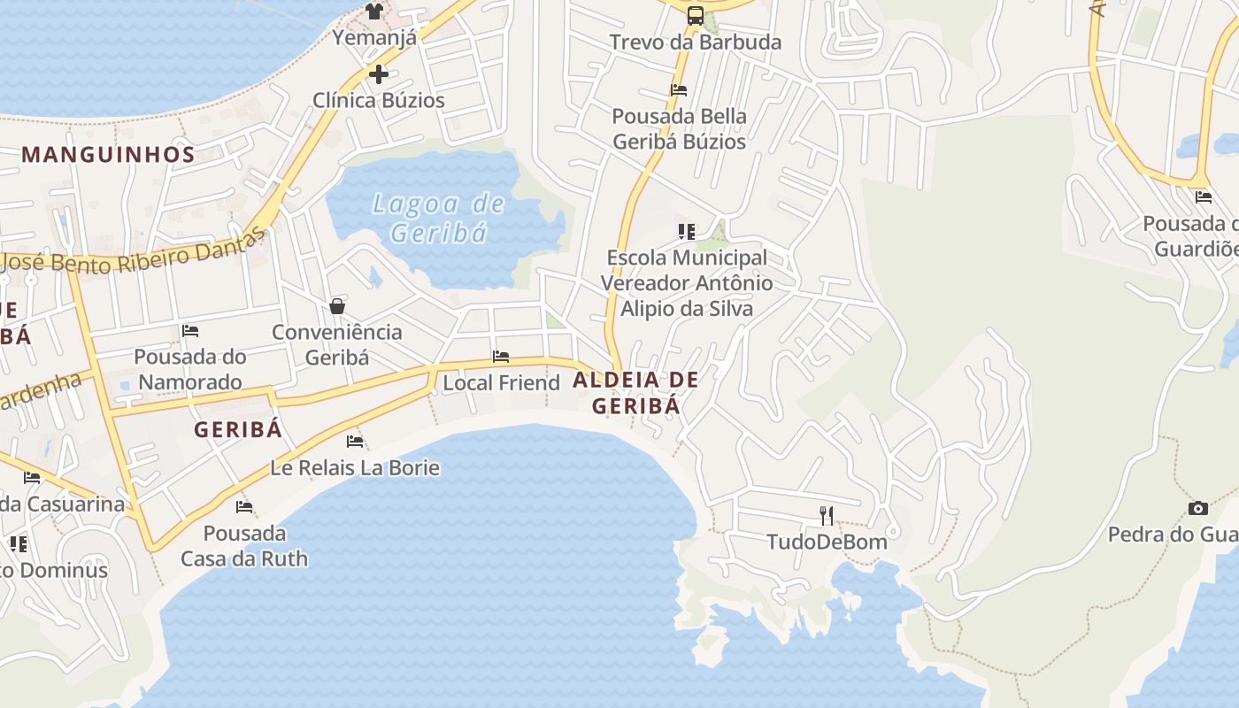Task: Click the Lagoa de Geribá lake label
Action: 440,218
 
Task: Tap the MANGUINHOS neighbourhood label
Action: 108,154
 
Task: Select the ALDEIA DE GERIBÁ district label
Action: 636,393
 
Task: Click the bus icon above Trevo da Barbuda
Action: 696,15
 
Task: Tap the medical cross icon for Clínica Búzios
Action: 379,74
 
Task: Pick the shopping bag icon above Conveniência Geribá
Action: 337,306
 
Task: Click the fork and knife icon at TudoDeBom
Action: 827,515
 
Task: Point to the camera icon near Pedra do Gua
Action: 1198,508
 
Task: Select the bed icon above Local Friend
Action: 501,357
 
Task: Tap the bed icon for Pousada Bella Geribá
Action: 679,89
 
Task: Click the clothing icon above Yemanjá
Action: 374,12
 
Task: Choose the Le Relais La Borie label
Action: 354,467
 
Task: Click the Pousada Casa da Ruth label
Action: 244,546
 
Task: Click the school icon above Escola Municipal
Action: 687,232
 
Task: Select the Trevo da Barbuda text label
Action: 696,42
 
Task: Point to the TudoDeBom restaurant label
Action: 827,542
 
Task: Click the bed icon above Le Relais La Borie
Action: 355,441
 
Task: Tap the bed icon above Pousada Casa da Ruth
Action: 244,507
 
